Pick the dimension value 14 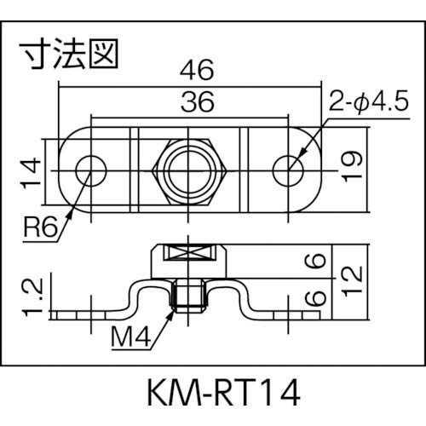coord(32,170)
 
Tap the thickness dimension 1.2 coord(32,296)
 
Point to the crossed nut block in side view coord(190,254)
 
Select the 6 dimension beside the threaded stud coord(318,297)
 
